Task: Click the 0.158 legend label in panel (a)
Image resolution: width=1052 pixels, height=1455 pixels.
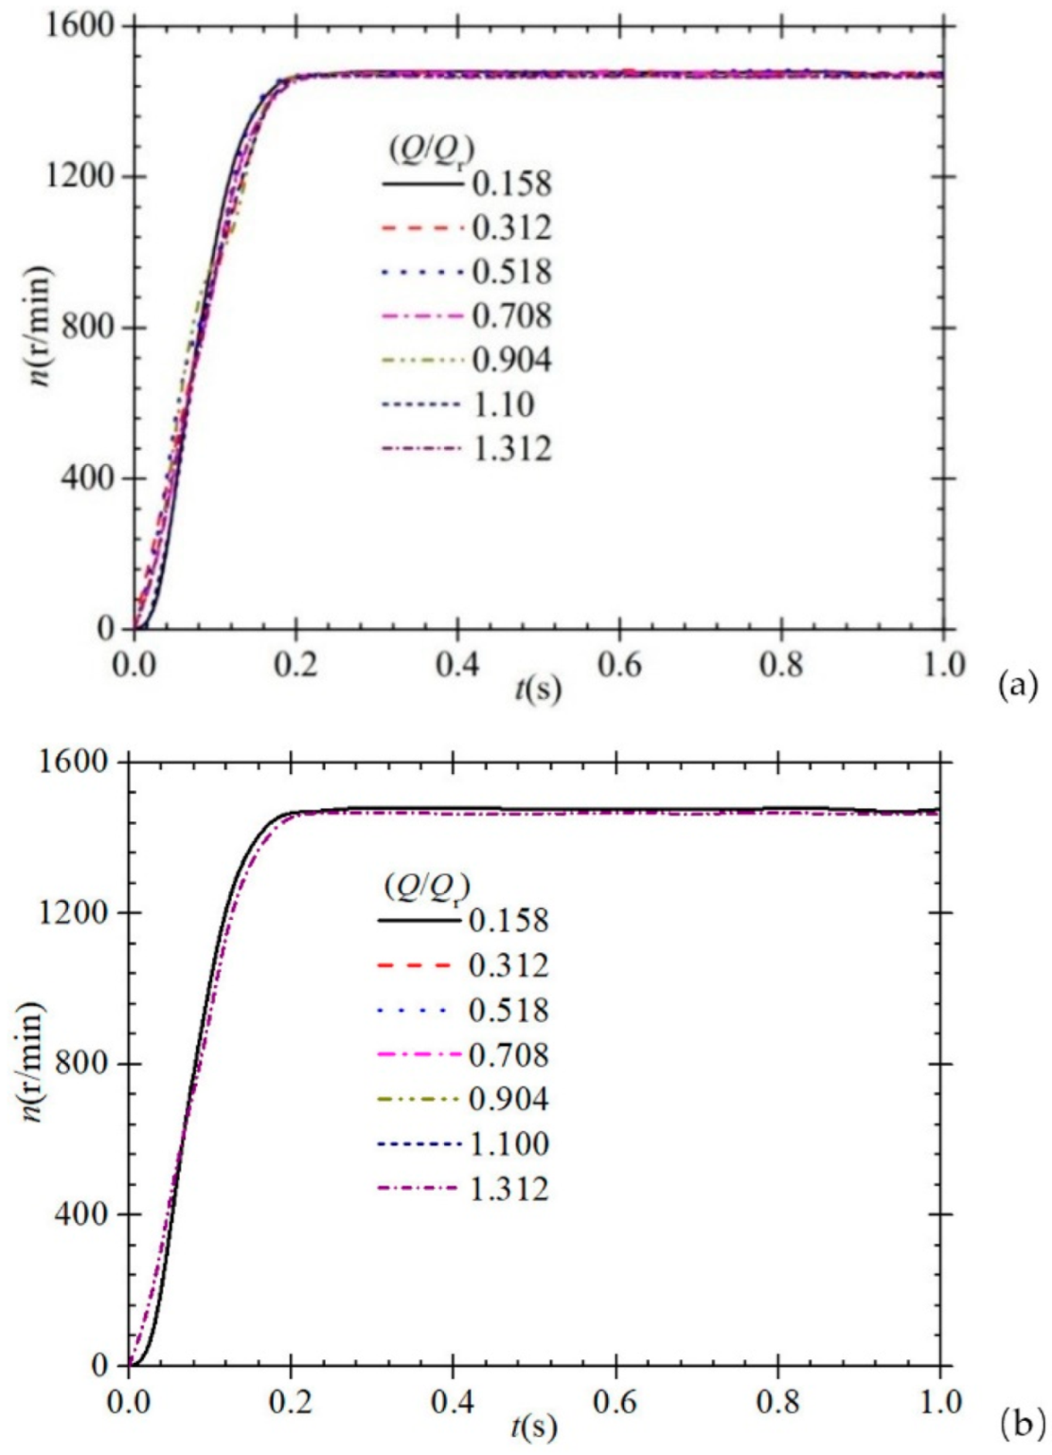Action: pyautogui.click(x=511, y=184)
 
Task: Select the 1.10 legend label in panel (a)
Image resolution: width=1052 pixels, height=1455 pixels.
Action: pyautogui.click(x=503, y=404)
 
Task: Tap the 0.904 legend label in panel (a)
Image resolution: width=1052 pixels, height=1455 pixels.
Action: pyautogui.click(x=511, y=360)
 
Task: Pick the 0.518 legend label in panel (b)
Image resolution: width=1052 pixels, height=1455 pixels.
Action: pyautogui.click(x=508, y=1010)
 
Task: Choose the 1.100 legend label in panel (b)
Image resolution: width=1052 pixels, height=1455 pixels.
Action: pyautogui.click(x=509, y=1143)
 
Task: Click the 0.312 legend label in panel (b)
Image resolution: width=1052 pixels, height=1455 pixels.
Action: pyautogui.click(x=508, y=965)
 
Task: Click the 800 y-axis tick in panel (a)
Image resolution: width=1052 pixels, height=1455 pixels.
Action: pyautogui.click(x=87, y=328)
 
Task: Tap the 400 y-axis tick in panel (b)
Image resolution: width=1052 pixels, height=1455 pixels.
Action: pyautogui.click(x=82, y=1214)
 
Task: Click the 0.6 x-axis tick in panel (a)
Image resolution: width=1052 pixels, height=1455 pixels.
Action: pyautogui.click(x=619, y=664)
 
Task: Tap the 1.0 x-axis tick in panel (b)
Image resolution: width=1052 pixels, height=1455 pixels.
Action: pyautogui.click(x=939, y=1401)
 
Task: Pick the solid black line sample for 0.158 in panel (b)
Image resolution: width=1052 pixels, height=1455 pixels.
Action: pyautogui.click(x=418, y=920)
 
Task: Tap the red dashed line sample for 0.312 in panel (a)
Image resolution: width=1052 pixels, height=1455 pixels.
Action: pyautogui.click(x=423, y=228)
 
